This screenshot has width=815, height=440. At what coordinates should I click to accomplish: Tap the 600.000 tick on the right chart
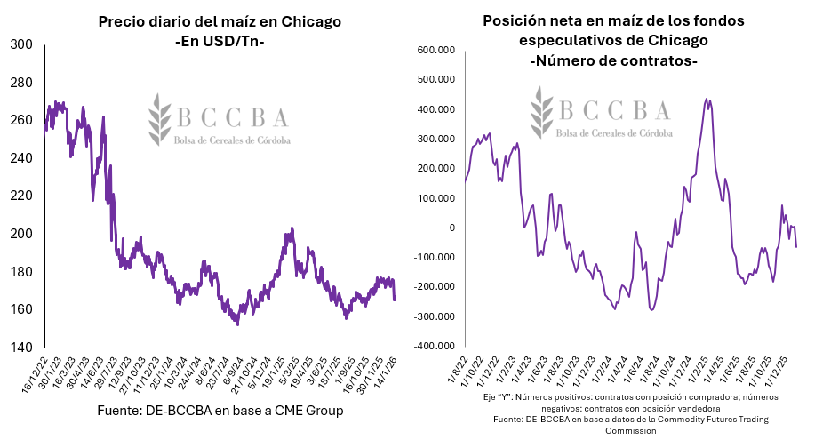point(437,50)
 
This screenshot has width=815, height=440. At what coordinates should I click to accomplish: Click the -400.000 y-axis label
point(435,346)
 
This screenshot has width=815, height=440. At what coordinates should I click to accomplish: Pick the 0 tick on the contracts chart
point(452,228)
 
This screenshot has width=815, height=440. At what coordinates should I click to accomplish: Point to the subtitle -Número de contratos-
point(613,61)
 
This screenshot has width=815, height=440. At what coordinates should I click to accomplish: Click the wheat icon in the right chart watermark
point(541,113)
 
